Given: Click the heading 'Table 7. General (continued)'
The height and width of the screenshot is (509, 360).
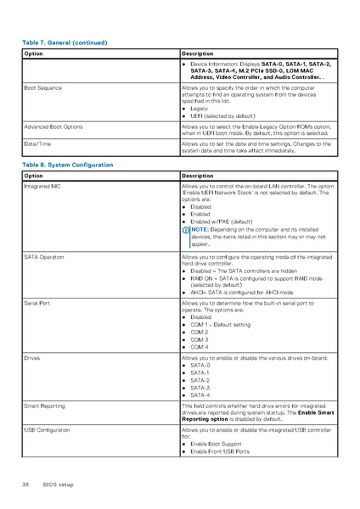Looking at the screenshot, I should pyautogui.click(x=65, y=42).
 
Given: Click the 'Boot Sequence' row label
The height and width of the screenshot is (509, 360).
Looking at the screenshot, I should pyautogui.click(x=42, y=88).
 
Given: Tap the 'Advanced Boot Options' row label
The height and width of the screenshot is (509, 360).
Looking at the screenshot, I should pyautogui.click(x=53, y=126).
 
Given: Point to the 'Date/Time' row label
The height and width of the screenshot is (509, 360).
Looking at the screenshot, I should pyautogui.click(x=37, y=144).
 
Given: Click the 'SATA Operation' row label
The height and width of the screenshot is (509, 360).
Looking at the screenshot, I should pyautogui.click(x=43, y=255).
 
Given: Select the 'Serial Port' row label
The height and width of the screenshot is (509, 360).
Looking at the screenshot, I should pyautogui.click(x=37, y=303).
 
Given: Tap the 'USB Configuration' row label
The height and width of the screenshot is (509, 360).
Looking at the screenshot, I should pyautogui.click(x=47, y=431).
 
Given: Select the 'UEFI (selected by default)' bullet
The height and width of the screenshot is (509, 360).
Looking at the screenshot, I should pyautogui.click(x=222, y=115).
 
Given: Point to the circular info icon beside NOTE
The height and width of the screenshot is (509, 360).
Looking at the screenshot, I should pyautogui.click(x=186, y=229).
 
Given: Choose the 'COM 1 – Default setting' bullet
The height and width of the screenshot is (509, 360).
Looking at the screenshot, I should pyautogui.click(x=220, y=325).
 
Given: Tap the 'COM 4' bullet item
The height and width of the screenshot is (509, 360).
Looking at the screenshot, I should pyautogui.click(x=200, y=347).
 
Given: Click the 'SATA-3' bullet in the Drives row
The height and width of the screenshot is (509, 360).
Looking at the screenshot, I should pyautogui.click(x=200, y=388).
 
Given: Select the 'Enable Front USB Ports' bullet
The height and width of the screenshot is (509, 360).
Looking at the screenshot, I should pyautogui.click(x=220, y=451).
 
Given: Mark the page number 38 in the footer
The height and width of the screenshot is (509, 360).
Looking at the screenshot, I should pyautogui.click(x=25, y=484).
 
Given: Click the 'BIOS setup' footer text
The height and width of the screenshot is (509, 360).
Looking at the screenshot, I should pyautogui.click(x=59, y=484).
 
